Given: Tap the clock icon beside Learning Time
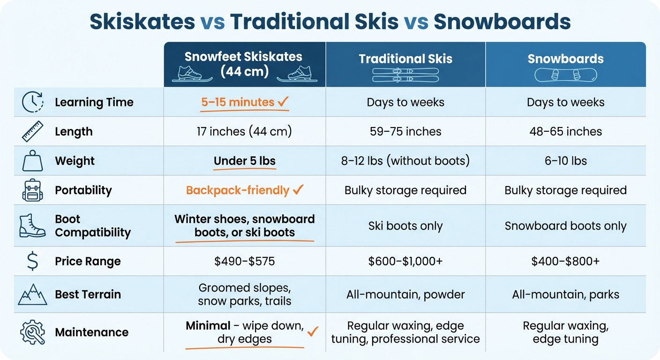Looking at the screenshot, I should coord(32,102).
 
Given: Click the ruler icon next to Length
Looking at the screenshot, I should coord(32,131).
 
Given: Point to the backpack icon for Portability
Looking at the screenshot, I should coord(32,190).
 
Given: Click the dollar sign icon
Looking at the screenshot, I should coord(32,262).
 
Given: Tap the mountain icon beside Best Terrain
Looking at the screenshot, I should coord(32,295).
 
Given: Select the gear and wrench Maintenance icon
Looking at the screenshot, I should coord(32,332).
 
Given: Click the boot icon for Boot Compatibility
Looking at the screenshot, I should coord(32,225).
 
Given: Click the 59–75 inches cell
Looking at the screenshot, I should coord(405,132).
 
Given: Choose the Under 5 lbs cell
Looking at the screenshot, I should coord(245,161).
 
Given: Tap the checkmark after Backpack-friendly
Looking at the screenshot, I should coord(298,190).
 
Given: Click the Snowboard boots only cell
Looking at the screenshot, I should coord(565,226).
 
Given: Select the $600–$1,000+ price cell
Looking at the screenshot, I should coord(405,262).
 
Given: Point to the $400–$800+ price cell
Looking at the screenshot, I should coord(565,262).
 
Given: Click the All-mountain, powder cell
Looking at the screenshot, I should coord(405,295).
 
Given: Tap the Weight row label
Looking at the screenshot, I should coord(75,161).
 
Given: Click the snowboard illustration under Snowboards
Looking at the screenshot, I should coord(565,75).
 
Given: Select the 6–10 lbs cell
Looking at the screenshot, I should coord(565,161).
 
